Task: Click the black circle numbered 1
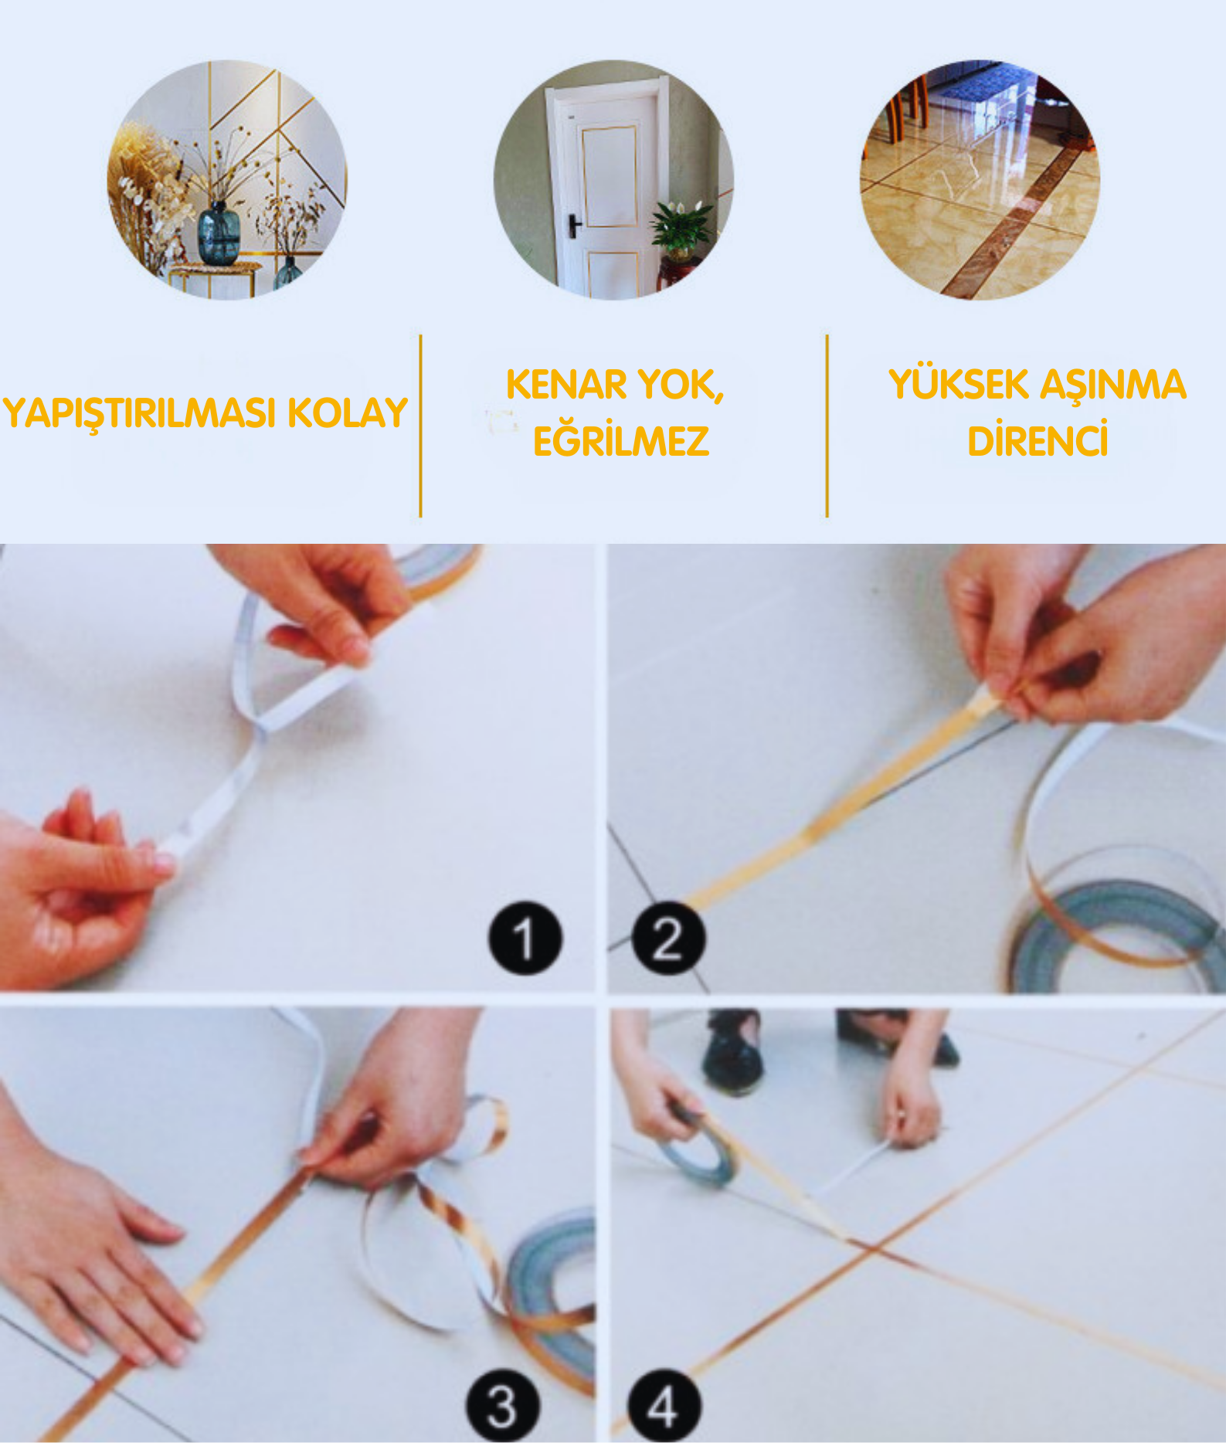[525, 938]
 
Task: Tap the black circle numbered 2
[668, 938]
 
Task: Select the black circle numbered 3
[502, 1407]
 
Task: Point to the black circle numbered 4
[664, 1407]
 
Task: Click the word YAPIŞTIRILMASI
[140, 414]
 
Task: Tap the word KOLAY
[348, 412]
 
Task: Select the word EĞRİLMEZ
[621, 440]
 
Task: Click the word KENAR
[567, 385]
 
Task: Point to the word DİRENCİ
[1038, 440]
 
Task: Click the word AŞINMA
[1113, 385]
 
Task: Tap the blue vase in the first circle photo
[219, 233]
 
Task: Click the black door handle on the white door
[575, 226]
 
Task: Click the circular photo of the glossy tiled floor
[980, 180]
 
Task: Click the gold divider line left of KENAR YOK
[420, 426]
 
